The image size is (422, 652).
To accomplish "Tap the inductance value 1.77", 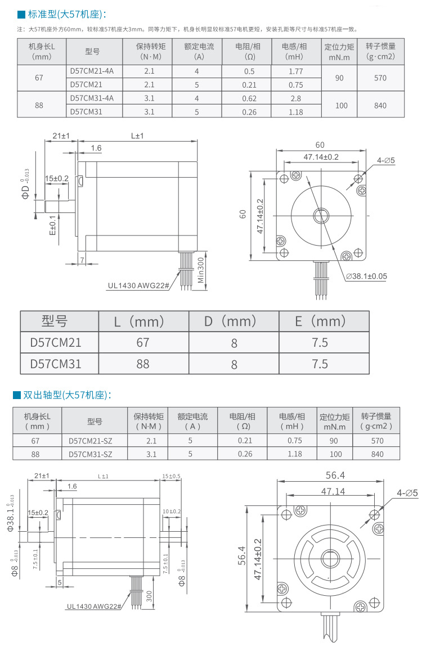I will click(x=295, y=71).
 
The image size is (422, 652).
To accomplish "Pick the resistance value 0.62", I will click(x=249, y=98).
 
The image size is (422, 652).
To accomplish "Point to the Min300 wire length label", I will click(x=201, y=272).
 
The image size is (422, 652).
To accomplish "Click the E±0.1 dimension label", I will click(x=52, y=224).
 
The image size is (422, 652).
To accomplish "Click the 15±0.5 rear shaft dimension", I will click(x=171, y=476).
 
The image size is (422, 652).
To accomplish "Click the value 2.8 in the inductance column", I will click(x=295, y=98).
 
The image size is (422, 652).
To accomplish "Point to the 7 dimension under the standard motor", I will click(x=82, y=260).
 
